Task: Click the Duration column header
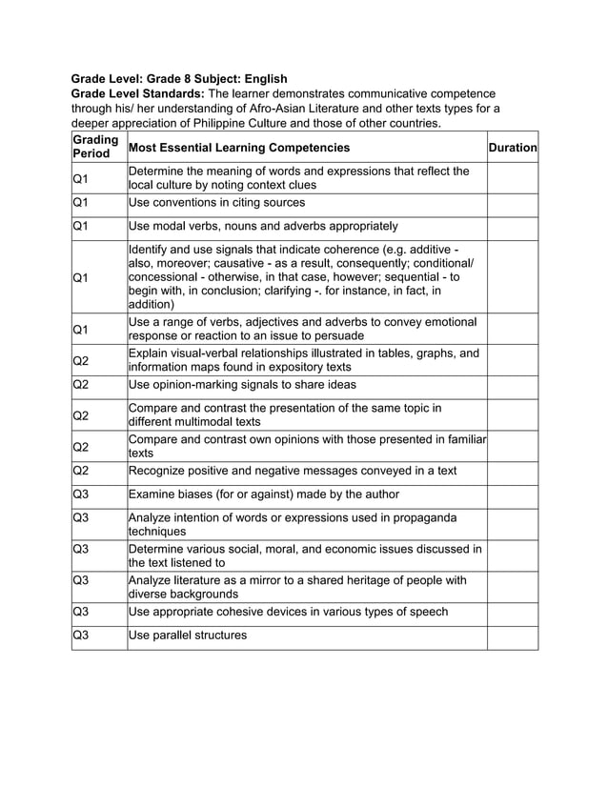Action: (x=513, y=148)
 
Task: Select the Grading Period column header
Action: (x=95, y=147)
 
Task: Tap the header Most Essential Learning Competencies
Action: (x=238, y=148)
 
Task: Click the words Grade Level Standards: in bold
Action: (x=138, y=93)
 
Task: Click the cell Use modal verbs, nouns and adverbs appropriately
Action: (x=263, y=226)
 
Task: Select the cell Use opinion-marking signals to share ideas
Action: (x=242, y=385)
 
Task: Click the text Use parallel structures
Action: (x=187, y=636)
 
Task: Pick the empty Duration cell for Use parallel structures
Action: (x=513, y=636)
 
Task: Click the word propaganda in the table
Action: (x=423, y=517)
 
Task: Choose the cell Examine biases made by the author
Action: (x=263, y=494)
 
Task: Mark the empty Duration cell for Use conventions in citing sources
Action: (x=513, y=203)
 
